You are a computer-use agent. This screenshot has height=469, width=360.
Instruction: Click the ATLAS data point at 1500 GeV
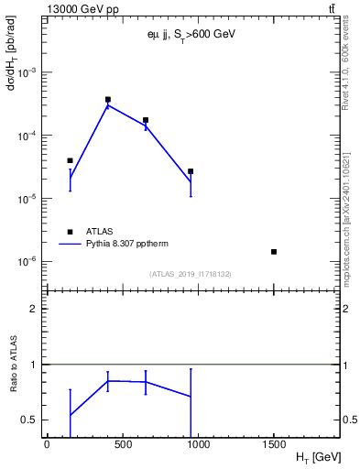[x=274, y=251]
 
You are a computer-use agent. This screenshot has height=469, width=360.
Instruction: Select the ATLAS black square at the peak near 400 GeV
[x=107, y=99]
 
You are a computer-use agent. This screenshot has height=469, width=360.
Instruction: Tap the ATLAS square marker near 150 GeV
[x=70, y=160]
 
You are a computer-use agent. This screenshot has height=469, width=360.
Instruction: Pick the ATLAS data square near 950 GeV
[x=191, y=171]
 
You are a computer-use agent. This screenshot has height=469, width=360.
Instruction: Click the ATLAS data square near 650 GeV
[x=146, y=120]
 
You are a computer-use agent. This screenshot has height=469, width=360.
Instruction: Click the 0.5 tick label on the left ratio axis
[x=28, y=420]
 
